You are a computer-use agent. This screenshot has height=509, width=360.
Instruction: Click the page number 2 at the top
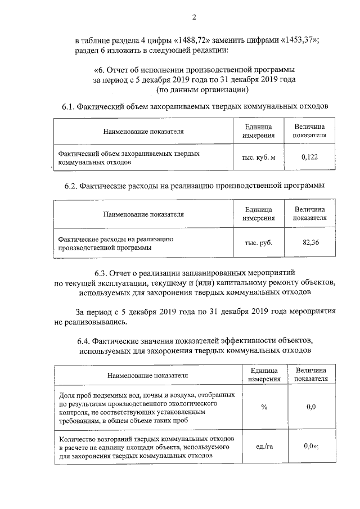(194, 17)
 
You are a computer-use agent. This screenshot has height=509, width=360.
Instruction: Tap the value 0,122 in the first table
(309, 157)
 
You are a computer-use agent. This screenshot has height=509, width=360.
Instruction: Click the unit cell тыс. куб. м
(259, 157)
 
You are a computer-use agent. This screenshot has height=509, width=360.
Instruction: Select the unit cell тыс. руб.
(259, 242)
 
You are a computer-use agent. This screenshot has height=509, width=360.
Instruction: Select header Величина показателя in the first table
(309, 132)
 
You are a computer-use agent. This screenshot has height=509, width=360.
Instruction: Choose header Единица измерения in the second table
(259, 214)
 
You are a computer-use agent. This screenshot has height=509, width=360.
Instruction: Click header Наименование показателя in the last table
(148, 375)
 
